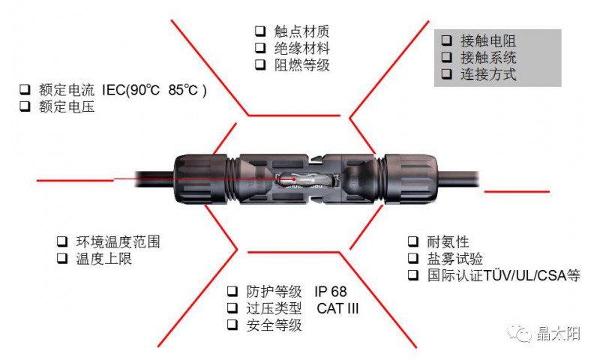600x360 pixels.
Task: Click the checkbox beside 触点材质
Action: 260,31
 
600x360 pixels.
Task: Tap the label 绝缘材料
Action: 302,48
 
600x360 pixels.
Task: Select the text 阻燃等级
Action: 302,65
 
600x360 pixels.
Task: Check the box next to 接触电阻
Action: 446,40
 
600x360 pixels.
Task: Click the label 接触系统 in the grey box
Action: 488,58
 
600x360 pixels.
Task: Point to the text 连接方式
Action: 488,74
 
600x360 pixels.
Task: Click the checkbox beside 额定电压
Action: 25,106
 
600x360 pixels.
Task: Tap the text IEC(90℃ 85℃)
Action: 154,90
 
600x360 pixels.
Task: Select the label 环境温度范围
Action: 118,241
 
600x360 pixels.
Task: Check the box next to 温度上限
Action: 62,258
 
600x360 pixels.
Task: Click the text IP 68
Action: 331,292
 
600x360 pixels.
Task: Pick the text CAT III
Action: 337,308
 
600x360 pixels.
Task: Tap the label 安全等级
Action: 274,325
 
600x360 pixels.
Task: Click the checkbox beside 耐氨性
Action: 413,241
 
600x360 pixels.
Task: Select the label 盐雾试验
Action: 454,259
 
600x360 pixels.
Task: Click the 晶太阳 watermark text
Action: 558,334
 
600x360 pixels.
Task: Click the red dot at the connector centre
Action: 294,179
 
